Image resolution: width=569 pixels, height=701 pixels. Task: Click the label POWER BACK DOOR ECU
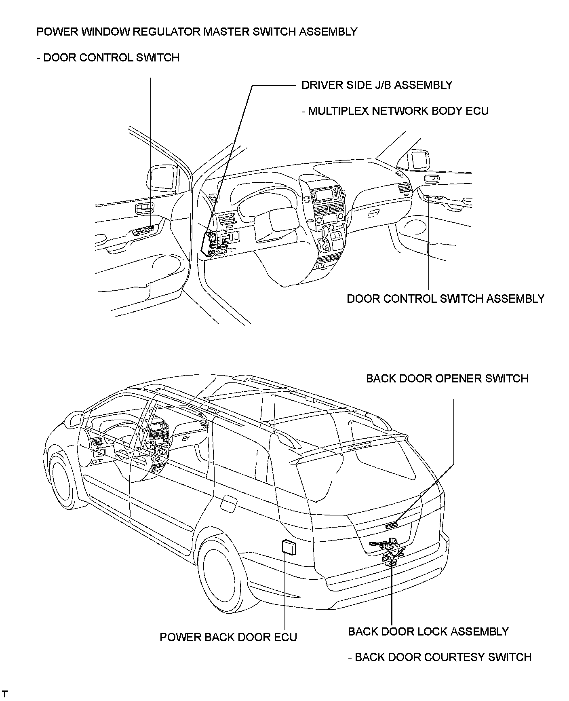point(228,637)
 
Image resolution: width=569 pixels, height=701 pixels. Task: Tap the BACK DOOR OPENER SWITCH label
point(447,378)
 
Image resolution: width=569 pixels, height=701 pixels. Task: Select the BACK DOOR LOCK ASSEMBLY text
point(428,631)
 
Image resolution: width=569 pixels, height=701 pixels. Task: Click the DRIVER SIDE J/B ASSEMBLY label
point(377,85)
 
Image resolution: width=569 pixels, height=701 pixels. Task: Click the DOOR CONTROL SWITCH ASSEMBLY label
point(445,299)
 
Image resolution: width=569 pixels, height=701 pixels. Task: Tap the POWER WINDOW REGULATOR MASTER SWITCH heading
point(196,32)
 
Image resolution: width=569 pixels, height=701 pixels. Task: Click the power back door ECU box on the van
point(288,547)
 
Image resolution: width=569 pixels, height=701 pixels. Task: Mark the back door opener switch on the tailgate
point(392,525)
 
